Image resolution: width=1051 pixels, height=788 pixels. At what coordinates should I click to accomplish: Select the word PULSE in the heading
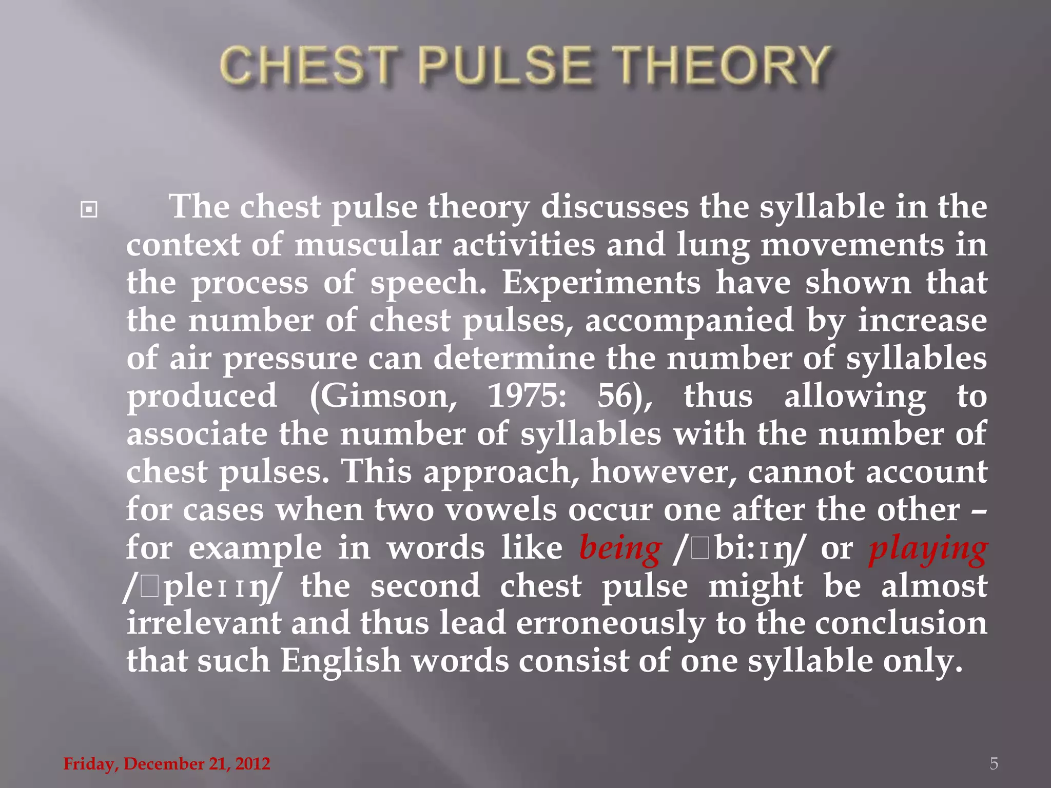pyautogui.click(x=505, y=65)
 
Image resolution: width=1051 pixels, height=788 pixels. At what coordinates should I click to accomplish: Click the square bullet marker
pyautogui.click(x=89, y=209)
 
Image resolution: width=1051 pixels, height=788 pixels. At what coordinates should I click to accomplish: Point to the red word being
pyautogui.click(x=620, y=548)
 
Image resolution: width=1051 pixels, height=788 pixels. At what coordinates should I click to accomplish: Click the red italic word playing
pyautogui.click(x=928, y=548)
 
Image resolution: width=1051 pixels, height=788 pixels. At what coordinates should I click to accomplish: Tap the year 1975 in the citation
pyautogui.click(x=527, y=396)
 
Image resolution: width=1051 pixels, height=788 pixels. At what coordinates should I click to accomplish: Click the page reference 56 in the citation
pyautogui.click(x=621, y=396)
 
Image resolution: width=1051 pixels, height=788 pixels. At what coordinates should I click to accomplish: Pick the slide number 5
pyautogui.click(x=994, y=763)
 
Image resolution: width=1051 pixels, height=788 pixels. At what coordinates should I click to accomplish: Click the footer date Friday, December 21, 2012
pyautogui.click(x=167, y=763)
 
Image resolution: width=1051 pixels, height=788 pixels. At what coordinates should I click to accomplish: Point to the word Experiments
pyautogui.click(x=601, y=283)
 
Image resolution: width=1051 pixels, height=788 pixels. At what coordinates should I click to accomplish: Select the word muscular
pyautogui.click(x=367, y=245)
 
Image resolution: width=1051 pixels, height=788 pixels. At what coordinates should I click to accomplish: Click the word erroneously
pyautogui.click(x=610, y=623)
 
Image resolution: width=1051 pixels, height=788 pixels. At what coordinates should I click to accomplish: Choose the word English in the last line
pyautogui.click(x=340, y=661)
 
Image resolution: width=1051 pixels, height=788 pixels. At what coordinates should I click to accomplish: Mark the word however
pyautogui.click(x=664, y=472)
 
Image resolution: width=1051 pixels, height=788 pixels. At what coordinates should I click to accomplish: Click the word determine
pyautogui.click(x=514, y=358)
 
